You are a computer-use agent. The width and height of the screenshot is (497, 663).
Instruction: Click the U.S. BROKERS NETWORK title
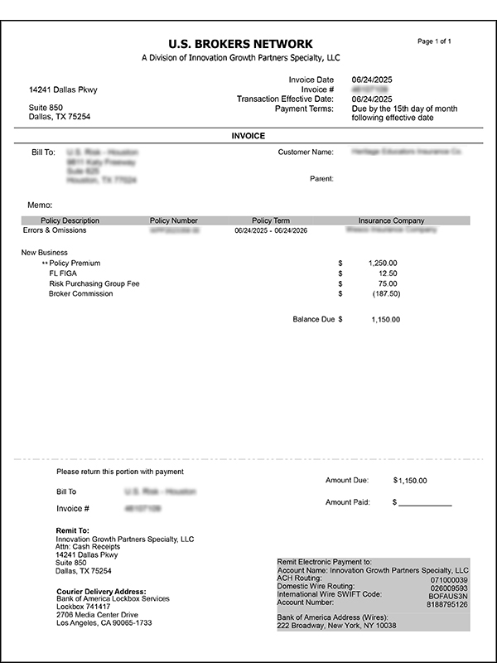click(240, 43)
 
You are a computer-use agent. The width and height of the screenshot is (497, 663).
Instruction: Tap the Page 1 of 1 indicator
click(434, 41)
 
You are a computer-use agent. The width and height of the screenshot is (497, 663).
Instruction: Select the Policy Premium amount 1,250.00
click(382, 263)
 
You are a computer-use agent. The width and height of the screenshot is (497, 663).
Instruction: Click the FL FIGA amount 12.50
click(387, 273)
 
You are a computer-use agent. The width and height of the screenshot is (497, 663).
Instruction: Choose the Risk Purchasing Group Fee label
click(94, 283)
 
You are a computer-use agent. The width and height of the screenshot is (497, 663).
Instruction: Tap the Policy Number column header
click(174, 220)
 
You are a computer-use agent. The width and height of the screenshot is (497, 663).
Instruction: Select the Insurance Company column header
click(391, 220)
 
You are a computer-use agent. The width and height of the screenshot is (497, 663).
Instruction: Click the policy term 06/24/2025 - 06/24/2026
click(270, 231)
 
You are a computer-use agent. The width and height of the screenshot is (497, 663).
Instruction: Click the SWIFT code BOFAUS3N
click(449, 596)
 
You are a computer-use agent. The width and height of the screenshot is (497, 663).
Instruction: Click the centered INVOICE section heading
click(248, 136)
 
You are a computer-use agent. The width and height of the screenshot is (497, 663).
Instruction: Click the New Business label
click(45, 252)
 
